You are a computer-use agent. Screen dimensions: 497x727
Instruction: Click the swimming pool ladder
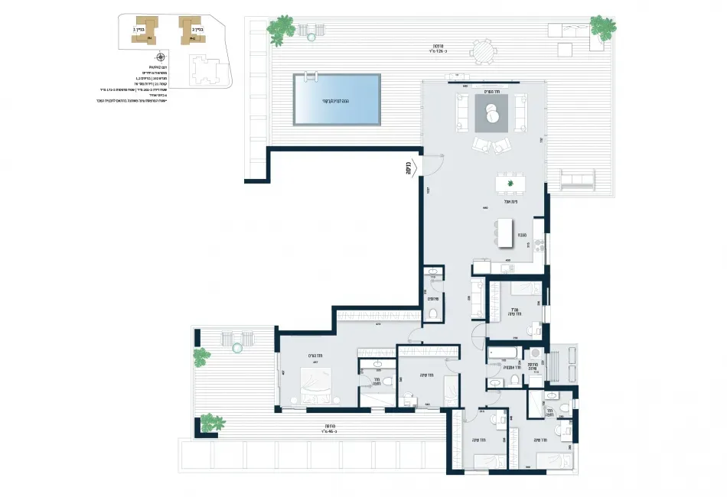click(x=311, y=76)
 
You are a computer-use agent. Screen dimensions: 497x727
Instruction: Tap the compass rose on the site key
click(x=160, y=57)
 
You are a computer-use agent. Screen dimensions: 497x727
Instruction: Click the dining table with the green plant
click(x=510, y=184)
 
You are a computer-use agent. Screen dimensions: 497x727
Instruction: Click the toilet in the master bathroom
click(x=387, y=380)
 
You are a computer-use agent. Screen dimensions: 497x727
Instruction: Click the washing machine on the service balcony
click(x=536, y=354)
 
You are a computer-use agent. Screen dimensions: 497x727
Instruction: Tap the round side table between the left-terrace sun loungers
click(x=237, y=348)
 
